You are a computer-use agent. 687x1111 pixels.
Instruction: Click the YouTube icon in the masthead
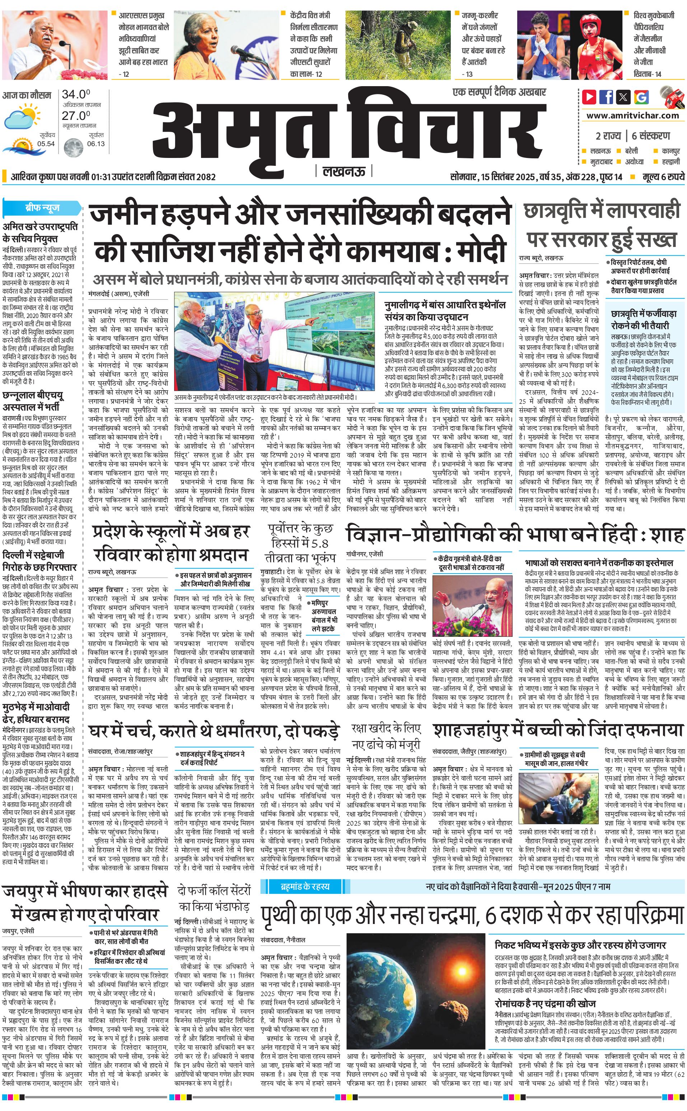coord(589,97)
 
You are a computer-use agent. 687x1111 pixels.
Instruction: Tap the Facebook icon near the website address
coord(606,97)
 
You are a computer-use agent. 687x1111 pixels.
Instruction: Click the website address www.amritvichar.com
coord(632,116)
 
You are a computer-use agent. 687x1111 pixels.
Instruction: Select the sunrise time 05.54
coord(46,144)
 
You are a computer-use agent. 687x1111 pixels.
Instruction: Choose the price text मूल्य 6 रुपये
coord(663,177)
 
